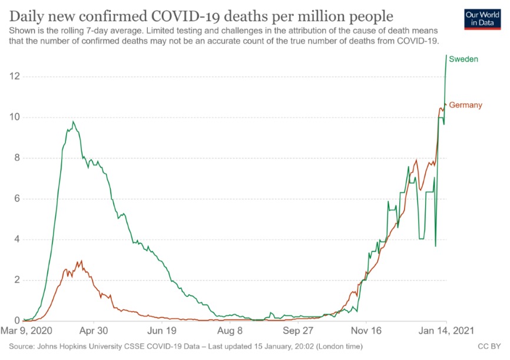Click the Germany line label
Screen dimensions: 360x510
point(465,105)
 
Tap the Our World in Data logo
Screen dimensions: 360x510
point(478,19)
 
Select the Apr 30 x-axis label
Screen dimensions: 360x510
point(94,331)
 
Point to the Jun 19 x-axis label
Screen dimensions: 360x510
point(162,331)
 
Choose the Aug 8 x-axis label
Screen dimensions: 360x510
point(230,331)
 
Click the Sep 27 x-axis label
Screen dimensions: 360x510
point(298,331)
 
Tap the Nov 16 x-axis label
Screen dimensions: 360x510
point(366,331)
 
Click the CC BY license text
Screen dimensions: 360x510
point(489,345)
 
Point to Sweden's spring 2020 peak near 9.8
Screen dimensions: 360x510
point(73,121)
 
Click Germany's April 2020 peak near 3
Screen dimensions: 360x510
point(81,261)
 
